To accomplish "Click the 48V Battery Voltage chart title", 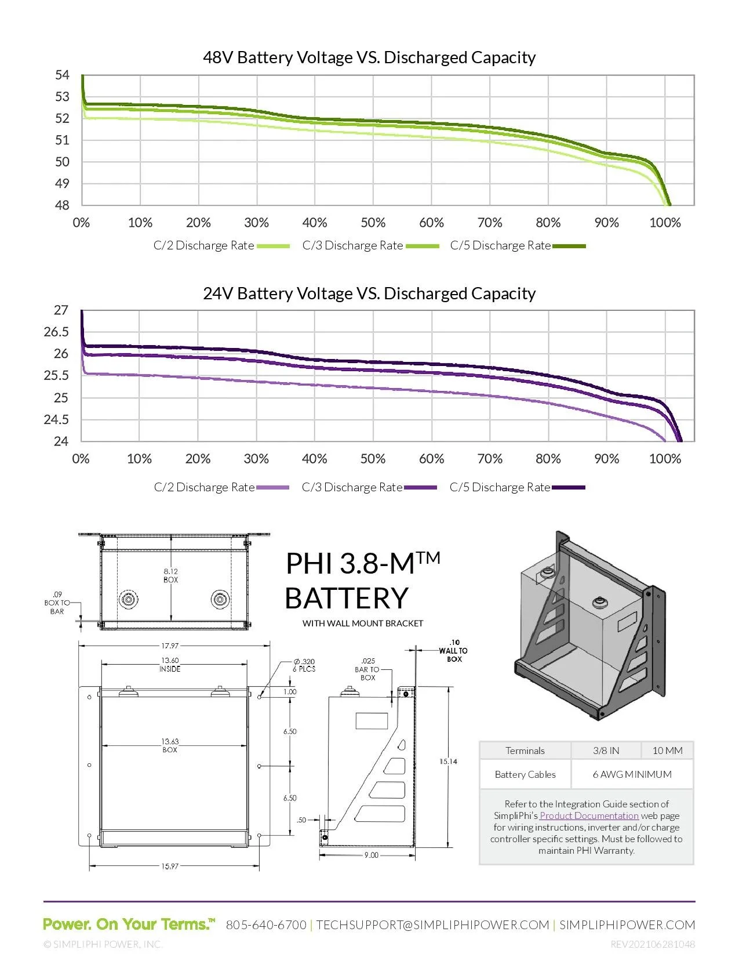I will coord(369,57).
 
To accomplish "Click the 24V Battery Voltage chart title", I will coord(369,293).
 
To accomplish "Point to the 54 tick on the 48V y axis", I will coord(62,75).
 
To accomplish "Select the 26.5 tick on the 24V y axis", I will coord(56,332).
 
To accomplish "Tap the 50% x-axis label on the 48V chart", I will coord(373,223).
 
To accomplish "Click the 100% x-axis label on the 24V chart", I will coord(665,459).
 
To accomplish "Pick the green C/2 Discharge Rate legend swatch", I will coord(273,246).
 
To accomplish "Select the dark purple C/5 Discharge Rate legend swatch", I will coord(569,488).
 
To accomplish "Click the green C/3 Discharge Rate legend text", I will coord(352,245).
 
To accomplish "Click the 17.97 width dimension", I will coord(170,646).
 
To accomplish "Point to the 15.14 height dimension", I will coord(448,762).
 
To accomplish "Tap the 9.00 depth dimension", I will coord(371,855).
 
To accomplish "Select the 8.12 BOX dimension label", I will coord(170,575).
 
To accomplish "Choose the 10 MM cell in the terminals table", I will coord(667,751).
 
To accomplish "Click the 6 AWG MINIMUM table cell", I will coord(632,774).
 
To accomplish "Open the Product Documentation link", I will coord(589,815).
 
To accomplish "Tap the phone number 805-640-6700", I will coord(266,925).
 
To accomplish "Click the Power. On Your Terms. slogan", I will coord(129,924).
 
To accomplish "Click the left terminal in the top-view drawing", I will coord(128,599).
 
